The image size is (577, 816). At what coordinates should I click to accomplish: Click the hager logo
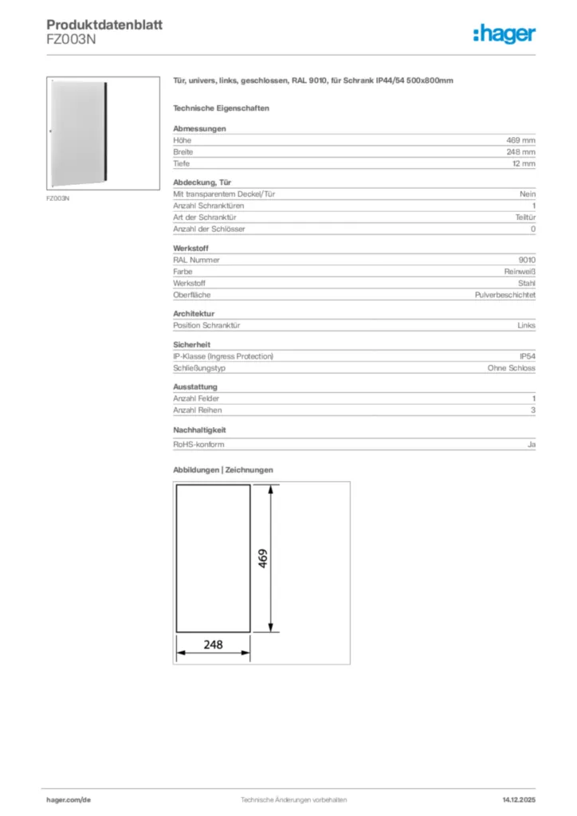pos(504,33)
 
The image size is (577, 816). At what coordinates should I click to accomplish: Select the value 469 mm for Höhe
pos(521,140)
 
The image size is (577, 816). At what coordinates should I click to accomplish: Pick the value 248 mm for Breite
pos(521,151)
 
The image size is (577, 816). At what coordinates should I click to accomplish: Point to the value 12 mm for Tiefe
pos(524,163)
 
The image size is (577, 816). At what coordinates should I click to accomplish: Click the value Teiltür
pos(525,218)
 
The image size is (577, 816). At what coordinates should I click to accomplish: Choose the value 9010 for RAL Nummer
pos(527,260)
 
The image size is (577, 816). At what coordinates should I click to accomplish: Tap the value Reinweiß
pos(520,272)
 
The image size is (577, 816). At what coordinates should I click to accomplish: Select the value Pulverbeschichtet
pos(505,295)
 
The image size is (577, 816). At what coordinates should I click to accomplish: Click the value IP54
pos(528,356)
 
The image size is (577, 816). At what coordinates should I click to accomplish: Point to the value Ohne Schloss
pos(512,368)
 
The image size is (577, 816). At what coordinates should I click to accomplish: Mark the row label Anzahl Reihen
pos(197,410)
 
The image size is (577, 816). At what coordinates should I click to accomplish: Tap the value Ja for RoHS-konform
pos(532,444)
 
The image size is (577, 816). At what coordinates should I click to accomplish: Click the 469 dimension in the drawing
pos(262,558)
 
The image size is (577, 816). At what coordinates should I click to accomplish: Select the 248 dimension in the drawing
pos(213,645)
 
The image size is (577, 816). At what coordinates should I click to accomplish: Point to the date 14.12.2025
pos(519,799)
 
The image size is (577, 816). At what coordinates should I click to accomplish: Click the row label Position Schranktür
pos(207,325)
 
